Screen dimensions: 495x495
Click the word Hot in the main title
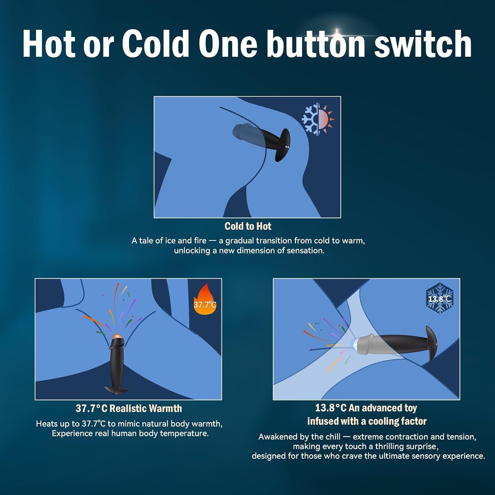[x=49, y=44]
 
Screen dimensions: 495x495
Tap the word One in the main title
[x=228, y=44]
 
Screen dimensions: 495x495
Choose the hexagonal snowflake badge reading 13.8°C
[x=440, y=298]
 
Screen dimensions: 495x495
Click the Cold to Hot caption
[x=248, y=226]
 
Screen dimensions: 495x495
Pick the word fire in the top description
[x=200, y=241]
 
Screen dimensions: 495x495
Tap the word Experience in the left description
[x=72, y=434]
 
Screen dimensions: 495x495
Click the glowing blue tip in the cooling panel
[x=355, y=344]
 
